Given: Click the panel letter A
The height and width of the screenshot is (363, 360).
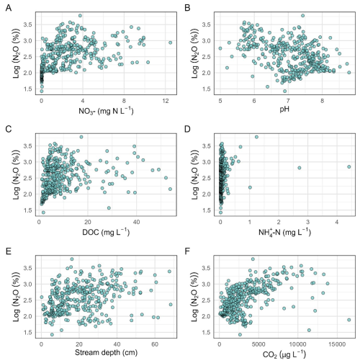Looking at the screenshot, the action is click(x=9, y=8).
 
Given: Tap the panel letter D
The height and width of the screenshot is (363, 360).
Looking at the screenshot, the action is click(x=187, y=129).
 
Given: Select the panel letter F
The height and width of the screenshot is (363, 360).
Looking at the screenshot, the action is click(x=187, y=251).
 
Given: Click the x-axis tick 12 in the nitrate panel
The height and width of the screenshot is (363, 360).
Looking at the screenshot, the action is click(x=166, y=101).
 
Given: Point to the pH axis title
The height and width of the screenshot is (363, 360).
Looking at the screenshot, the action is click(x=284, y=109).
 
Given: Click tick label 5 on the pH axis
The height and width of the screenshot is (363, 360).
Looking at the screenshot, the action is click(x=220, y=101).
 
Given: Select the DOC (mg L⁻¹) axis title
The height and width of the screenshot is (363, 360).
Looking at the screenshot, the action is click(x=106, y=232).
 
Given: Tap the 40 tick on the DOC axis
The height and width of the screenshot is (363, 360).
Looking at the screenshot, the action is click(x=136, y=222).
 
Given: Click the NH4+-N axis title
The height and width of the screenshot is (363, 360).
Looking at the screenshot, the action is click(x=284, y=232).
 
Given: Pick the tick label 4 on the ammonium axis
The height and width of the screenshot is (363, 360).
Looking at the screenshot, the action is click(x=337, y=222).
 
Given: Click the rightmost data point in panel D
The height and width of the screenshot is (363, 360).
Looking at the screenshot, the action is click(x=349, y=167).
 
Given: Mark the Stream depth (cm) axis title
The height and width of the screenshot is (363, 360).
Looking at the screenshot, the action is click(x=106, y=352).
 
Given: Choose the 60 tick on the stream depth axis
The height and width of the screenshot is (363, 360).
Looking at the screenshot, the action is click(x=155, y=344).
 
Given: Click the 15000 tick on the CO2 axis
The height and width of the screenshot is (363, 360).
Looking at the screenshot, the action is click(x=337, y=344).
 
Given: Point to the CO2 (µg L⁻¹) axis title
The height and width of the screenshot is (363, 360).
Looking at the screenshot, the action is click(x=284, y=354).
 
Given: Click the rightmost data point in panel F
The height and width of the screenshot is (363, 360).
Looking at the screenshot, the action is click(x=349, y=320).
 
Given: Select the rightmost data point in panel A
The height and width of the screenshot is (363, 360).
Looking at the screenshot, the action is click(x=171, y=42).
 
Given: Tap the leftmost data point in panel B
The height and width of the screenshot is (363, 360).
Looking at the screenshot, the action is click(x=220, y=48).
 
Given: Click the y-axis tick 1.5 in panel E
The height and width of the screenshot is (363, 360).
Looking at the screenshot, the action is click(x=27, y=333).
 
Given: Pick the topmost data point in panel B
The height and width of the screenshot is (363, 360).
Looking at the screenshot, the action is click(x=303, y=16).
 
